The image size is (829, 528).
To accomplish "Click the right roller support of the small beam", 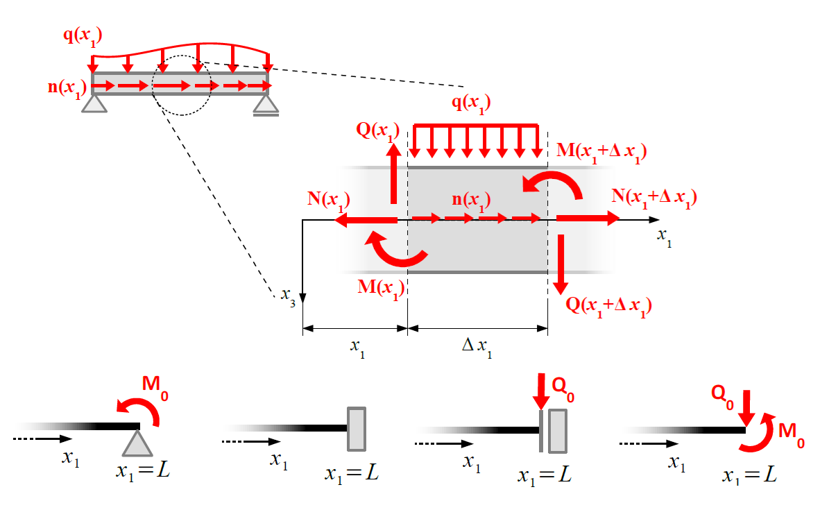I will (x=266, y=105).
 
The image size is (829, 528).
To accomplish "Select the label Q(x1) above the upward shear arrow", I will (x=378, y=132).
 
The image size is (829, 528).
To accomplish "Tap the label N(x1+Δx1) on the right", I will (x=653, y=197).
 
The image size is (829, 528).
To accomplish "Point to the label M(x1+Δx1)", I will (x=601, y=153).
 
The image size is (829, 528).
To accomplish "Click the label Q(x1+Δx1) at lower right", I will (x=609, y=305).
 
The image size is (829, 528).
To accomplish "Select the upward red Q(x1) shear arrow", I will (x=393, y=173).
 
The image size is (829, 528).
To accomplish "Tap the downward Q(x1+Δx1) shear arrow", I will (x=561, y=264).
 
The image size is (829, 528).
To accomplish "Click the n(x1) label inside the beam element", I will (x=471, y=201).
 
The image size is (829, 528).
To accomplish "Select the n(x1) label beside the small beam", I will (x=67, y=87).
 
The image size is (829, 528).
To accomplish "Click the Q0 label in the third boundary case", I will (x=563, y=385).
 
